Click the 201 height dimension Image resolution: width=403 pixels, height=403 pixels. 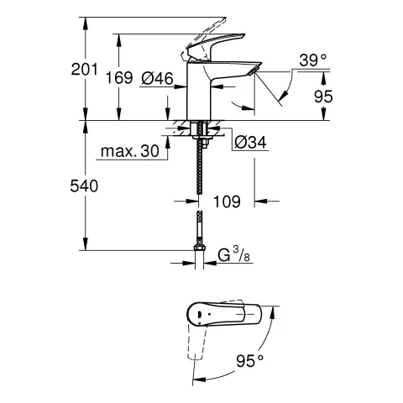click(84, 69)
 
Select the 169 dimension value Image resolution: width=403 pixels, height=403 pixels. click(119, 77)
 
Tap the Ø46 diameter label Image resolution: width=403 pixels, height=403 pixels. click(157, 78)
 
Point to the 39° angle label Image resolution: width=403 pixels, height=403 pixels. click(313, 60)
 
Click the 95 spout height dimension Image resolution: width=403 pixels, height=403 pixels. click(323, 97)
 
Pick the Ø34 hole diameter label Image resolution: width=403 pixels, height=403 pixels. click(250, 143)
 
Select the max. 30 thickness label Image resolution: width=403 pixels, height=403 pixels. click(130, 151)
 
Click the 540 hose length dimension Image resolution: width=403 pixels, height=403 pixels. click(84, 186)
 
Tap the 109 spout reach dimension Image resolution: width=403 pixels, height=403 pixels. click(227, 201)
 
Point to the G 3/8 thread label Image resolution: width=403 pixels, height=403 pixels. click(233, 256)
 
